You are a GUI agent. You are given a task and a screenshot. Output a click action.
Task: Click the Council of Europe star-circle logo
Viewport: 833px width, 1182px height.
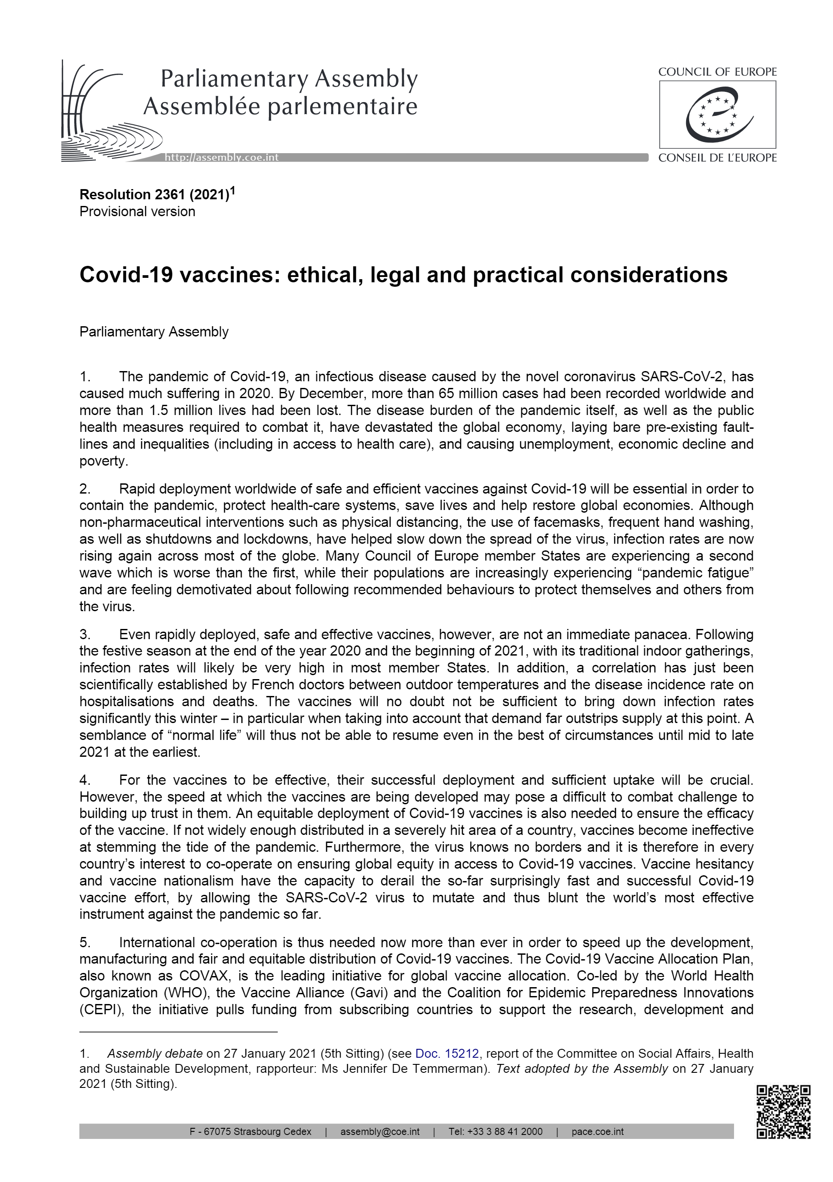[x=717, y=115]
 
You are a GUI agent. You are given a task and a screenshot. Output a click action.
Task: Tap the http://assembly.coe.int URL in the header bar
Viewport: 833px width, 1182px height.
[x=221, y=158]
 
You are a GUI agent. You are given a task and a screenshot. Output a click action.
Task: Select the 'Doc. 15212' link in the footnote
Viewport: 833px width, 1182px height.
[x=447, y=1053]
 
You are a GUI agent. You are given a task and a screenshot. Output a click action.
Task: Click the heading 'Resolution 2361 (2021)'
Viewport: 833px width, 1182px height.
[x=154, y=194]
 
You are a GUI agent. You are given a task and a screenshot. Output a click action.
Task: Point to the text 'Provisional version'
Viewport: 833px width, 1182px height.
[x=138, y=212]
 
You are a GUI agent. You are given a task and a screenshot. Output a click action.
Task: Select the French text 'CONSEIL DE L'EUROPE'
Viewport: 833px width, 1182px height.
[x=717, y=158]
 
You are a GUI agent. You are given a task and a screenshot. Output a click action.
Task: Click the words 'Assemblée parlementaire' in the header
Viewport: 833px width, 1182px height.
[x=280, y=107]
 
